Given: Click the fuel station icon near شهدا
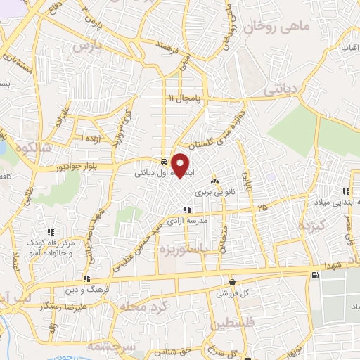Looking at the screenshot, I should coord(314,274).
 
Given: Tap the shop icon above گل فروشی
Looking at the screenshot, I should coord(232,282).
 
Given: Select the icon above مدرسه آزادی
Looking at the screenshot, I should coord(186,209).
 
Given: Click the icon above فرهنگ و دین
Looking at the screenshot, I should coord(86,279).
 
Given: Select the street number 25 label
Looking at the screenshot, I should coord(262,207).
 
